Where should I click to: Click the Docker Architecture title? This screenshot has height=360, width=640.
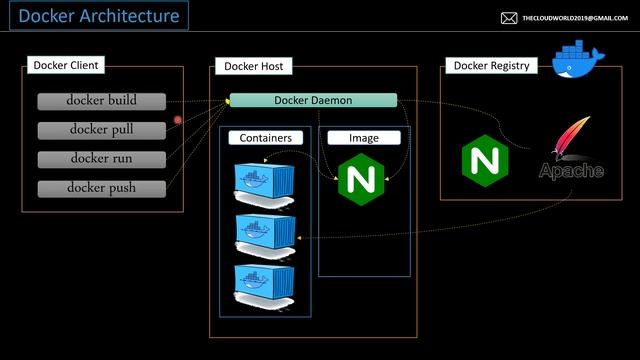[99, 16]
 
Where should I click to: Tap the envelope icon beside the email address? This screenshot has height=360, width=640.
[509, 18]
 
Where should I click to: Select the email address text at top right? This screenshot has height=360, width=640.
[574, 18]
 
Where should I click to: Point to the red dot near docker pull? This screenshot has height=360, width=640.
[178, 120]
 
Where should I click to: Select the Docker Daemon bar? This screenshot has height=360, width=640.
[313, 100]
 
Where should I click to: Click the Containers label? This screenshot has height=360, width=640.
[265, 137]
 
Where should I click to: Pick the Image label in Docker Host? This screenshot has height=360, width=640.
[363, 137]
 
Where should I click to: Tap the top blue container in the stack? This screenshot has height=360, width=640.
[265, 180]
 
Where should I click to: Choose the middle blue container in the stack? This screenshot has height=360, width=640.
[265, 230]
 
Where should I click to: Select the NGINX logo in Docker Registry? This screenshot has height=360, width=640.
[481, 159]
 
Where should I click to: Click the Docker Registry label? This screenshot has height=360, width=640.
[491, 66]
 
